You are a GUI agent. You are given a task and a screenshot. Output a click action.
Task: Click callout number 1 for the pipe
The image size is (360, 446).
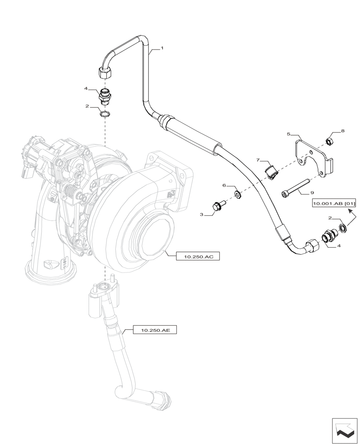tap(162, 48)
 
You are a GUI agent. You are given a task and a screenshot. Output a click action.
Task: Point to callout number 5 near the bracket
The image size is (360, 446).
tap(289, 134)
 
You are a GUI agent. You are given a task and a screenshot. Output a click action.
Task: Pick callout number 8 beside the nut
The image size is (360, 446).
tap(343, 131)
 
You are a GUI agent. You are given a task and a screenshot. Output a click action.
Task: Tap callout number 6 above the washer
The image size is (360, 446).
tap(225, 185)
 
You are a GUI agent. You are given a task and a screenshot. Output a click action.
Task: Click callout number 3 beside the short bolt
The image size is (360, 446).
tap(201, 215)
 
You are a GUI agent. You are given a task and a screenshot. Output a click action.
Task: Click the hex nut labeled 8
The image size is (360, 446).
tap(329, 142)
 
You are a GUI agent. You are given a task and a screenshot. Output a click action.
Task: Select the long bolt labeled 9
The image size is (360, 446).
tap(295, 187)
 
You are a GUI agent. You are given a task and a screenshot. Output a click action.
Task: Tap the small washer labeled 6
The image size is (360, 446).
tap(237, 194)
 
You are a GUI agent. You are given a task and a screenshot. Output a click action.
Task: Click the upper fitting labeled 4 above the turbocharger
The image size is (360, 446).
tap(105, 96)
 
